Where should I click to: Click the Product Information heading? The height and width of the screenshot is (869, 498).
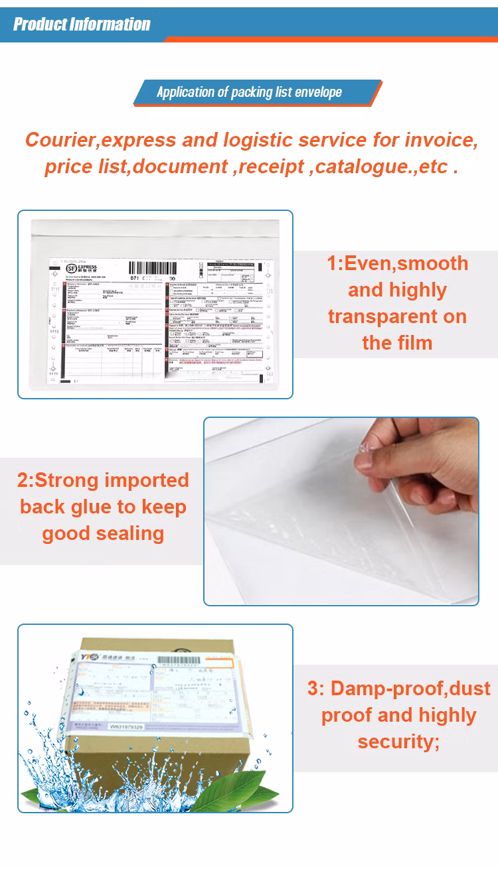tap(82, 25)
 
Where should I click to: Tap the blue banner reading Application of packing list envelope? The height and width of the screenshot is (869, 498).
tap(250, 92)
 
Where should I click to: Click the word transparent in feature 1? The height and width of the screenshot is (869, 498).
tap(397, 316)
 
